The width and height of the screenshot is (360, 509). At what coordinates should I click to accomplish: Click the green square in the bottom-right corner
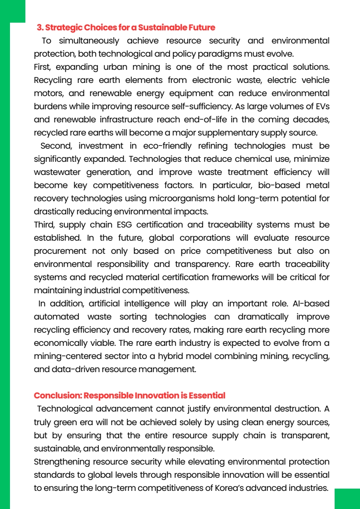click(347, 499)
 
